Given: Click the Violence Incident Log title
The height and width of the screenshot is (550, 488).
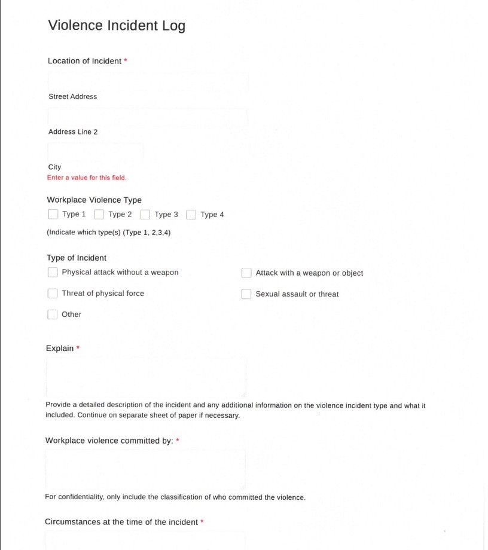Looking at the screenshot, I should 117,26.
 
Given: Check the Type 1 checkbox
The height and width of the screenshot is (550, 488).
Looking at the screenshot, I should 53,214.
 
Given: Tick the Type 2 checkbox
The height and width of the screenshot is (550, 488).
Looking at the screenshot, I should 99,214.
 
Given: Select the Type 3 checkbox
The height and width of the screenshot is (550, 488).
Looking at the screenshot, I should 145,214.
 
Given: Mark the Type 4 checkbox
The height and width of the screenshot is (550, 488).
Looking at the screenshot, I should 191,214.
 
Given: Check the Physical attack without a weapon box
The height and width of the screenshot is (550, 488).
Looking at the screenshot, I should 53,273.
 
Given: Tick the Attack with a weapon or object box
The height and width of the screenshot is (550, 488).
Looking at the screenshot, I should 246,273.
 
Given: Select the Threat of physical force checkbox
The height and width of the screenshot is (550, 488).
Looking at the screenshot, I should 53,294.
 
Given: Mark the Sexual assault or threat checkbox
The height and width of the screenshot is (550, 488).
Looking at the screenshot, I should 246,294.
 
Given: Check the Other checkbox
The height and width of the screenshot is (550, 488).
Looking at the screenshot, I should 53,314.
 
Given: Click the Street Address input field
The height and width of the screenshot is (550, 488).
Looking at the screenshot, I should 148,82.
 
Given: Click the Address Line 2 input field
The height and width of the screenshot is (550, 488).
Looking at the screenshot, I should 148,117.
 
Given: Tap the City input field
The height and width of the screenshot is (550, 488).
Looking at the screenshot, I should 96,152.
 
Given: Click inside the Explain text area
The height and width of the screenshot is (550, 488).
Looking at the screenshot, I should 146,377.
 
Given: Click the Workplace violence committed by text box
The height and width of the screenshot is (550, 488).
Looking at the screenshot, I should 145,470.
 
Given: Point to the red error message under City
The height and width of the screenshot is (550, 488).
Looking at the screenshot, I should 87,178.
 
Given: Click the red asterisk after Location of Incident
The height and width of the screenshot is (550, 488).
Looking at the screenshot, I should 126,61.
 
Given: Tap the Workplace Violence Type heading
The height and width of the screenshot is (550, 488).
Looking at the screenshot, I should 94,200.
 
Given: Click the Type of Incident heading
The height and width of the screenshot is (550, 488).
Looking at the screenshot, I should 77,258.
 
